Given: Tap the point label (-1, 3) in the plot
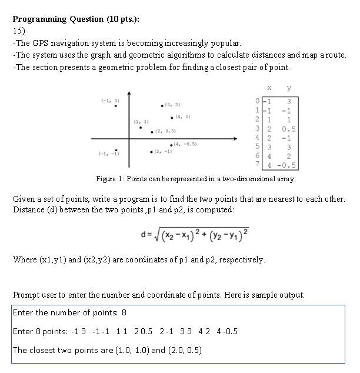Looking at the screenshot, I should pyautogui.click(x=110, y=101).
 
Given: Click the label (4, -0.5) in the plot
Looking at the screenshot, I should pyautogui.click(x=185, y=144).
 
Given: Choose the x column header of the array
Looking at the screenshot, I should pyautogui.click(x=268, y=88).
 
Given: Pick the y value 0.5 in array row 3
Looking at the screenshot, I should pyautogui.click(x=288, y=129).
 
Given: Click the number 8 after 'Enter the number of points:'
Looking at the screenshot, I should pyautogui.click(x=124, y=312).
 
